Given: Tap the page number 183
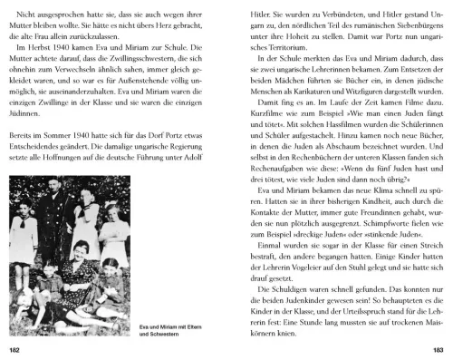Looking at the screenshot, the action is point(437,349).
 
